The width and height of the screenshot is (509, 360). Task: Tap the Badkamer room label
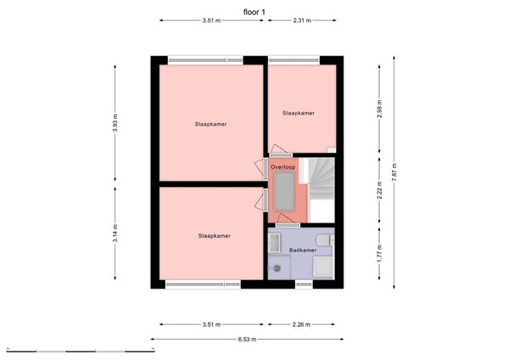pos(302,250)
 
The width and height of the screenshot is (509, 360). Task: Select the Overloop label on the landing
pos(282,167)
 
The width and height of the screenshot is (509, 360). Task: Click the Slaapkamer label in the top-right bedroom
pos(299,113)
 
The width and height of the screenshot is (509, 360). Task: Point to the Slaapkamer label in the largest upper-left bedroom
pos(210,124)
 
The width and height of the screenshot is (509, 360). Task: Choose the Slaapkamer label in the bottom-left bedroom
pos(215,235)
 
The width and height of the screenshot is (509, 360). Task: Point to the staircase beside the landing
pos(320,185)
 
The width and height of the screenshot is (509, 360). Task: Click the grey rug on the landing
pos(281,195)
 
